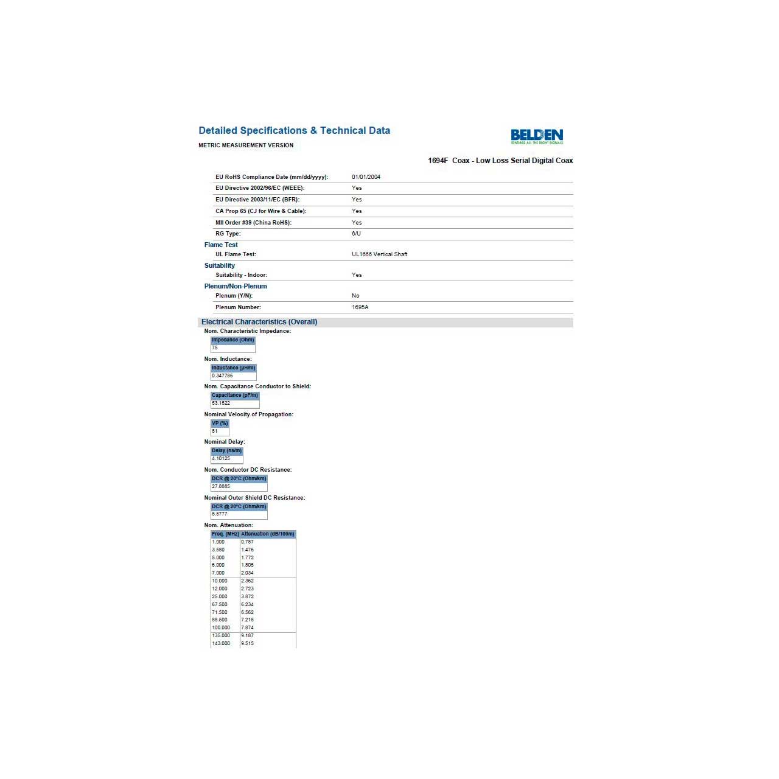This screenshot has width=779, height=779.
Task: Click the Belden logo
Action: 537,136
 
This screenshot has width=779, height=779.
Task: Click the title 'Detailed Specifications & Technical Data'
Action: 294,131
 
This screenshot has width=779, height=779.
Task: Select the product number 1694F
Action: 438,161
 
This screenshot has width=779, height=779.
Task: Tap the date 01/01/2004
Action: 366,177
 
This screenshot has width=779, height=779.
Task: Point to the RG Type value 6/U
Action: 356,234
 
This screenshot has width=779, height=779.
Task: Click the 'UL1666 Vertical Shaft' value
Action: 379,254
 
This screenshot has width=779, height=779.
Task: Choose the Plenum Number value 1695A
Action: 360,307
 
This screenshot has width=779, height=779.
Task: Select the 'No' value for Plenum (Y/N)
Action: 355,296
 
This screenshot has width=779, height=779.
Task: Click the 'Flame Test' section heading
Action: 221,245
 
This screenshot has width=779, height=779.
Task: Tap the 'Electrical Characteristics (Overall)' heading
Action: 259,322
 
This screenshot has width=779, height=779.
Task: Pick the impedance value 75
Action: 215,348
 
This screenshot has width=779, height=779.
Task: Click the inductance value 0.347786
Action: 222,376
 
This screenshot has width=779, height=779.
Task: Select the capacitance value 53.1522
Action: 221,403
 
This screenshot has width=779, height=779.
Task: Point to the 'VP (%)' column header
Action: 220,423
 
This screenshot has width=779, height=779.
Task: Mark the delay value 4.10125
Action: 221,458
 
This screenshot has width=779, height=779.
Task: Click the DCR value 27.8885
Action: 221,486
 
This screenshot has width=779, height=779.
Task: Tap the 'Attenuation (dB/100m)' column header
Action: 268,534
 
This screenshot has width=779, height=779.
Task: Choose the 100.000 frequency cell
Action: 221,627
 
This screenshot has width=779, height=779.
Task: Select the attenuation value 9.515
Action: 248,643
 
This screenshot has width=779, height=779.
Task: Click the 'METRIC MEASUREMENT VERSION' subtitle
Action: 246,145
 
